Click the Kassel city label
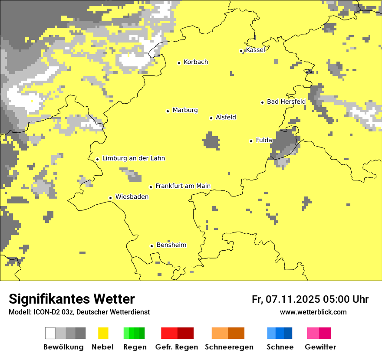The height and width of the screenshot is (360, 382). tap(255, 50)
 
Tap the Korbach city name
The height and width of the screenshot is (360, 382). tap(196, 62)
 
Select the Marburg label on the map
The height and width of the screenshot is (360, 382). tap(185, 110)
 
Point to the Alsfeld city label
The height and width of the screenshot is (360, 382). tap(226, 117)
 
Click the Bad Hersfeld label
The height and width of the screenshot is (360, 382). tap(286, 101)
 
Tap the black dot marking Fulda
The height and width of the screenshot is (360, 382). tap(251, 141)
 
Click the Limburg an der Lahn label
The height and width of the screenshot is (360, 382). tap(133, 158)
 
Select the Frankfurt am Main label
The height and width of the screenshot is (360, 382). tap(183, 186)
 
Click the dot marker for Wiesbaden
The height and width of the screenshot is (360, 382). tap(110, 198)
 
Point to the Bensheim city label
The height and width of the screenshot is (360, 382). tap(171, 245)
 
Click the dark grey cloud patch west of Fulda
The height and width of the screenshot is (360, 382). tap(211, 141)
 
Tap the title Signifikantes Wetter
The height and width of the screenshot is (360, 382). tap(72, 299)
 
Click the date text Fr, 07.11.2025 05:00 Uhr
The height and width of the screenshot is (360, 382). tap(310, 299)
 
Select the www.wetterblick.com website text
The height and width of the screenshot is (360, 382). tap(313, 312)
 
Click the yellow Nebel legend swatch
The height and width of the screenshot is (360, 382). tap(103, 333)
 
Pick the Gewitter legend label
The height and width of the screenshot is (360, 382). tap(320, 347)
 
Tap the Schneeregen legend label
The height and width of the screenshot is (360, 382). tap(229, 347)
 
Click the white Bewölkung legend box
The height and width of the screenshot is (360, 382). tap(50, 333)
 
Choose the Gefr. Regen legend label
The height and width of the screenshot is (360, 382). tap(176, 347)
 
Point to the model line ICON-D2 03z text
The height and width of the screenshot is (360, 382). tap(79, 312)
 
